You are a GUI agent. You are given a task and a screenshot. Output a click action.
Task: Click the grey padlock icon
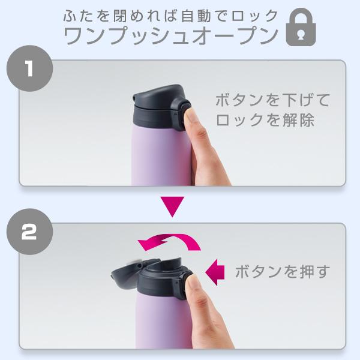coord(301,27)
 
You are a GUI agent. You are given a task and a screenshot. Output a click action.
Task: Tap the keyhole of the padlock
coord(301,35)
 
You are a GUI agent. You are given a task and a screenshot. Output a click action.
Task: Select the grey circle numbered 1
coord(29,68)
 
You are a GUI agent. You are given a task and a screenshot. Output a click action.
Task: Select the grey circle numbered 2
coord(29,232)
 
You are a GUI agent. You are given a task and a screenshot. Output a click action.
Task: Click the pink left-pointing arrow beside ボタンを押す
coord(215,272)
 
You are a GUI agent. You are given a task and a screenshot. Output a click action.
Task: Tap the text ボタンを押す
coord(283,272)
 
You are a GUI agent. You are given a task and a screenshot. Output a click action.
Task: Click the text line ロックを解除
coord(265,120)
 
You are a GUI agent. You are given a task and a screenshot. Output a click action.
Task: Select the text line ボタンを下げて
coord(273,100)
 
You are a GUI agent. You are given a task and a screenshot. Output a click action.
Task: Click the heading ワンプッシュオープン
coord(171,35)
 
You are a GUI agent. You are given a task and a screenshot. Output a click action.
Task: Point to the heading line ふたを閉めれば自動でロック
coord(171,16)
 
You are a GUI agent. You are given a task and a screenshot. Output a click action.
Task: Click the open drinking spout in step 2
coord(163,264)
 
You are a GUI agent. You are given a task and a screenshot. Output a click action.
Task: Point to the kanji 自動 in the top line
coord(196,16)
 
